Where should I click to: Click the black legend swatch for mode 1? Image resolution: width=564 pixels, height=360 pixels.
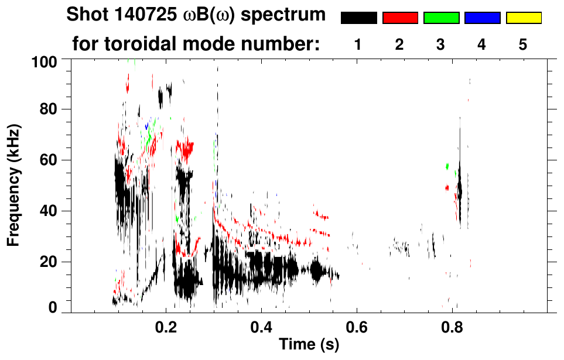[x=358, y=18]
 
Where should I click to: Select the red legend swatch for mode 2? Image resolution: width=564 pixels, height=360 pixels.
[x=400, y=18]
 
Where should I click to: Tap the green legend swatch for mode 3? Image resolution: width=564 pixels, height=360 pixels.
[x=441, y=18]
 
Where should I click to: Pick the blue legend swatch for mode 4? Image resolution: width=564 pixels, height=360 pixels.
[x=482, y=18]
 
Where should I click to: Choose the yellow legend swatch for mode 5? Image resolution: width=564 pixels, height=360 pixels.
[x=523, y=18]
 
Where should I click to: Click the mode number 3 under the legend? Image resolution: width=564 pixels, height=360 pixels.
[x=441, y=44]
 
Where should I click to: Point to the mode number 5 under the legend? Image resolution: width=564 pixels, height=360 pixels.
[x=523, y=44]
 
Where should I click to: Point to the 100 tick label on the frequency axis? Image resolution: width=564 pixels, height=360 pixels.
[x=44, y=60]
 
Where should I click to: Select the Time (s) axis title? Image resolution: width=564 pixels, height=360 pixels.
[x=309, y=345]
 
